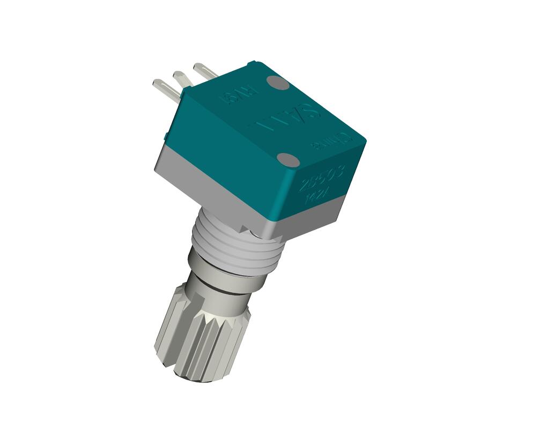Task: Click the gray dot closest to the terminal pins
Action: [278, 83]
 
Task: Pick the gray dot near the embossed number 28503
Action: [288, 159]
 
